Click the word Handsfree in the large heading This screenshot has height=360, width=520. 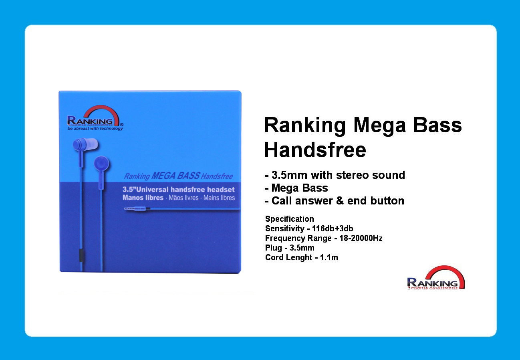(x=315, y=150)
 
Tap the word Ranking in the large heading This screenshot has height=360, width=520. (x=305, y=126)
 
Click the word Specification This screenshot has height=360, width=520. (x=290, y=219)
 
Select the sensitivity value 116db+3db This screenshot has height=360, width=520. (x=333, y=229)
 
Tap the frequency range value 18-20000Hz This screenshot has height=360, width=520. (x=361, y=238)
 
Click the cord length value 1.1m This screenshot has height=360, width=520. (x=329, y=257)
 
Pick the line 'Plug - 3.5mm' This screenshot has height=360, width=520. (x=290, y=248)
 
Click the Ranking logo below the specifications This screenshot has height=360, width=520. (x=436, y=277)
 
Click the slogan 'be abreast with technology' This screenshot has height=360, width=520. (x=95, y=128)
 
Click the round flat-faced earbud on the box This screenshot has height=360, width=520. (x=101, y=163)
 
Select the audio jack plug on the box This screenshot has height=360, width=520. (x=137, y=209)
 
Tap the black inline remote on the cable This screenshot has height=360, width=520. (x=81, y=255)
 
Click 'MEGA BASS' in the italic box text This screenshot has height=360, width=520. (x=175, y=176)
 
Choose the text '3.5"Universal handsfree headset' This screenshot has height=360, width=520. (x=179, y=190)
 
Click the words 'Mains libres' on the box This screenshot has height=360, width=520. (x=219, y=198)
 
